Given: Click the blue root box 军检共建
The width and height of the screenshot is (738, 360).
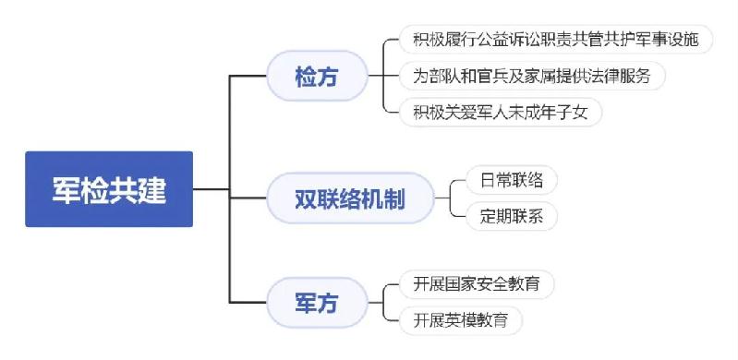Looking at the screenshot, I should [109, 189].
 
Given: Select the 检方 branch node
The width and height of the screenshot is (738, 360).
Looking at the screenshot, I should [317, 76].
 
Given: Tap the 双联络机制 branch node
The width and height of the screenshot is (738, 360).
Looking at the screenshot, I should [350, 198].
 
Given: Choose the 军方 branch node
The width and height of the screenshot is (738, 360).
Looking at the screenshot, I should [317, 303].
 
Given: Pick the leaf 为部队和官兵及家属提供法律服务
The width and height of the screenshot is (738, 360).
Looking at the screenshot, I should [525, 76].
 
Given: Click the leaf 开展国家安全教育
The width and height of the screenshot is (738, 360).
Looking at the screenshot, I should [477, 284].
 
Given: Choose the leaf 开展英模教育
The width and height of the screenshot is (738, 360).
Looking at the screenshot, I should [461, 320].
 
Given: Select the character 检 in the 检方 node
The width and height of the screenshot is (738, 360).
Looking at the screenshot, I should [306, 76].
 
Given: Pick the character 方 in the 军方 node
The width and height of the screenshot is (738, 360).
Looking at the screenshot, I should [328, 303].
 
